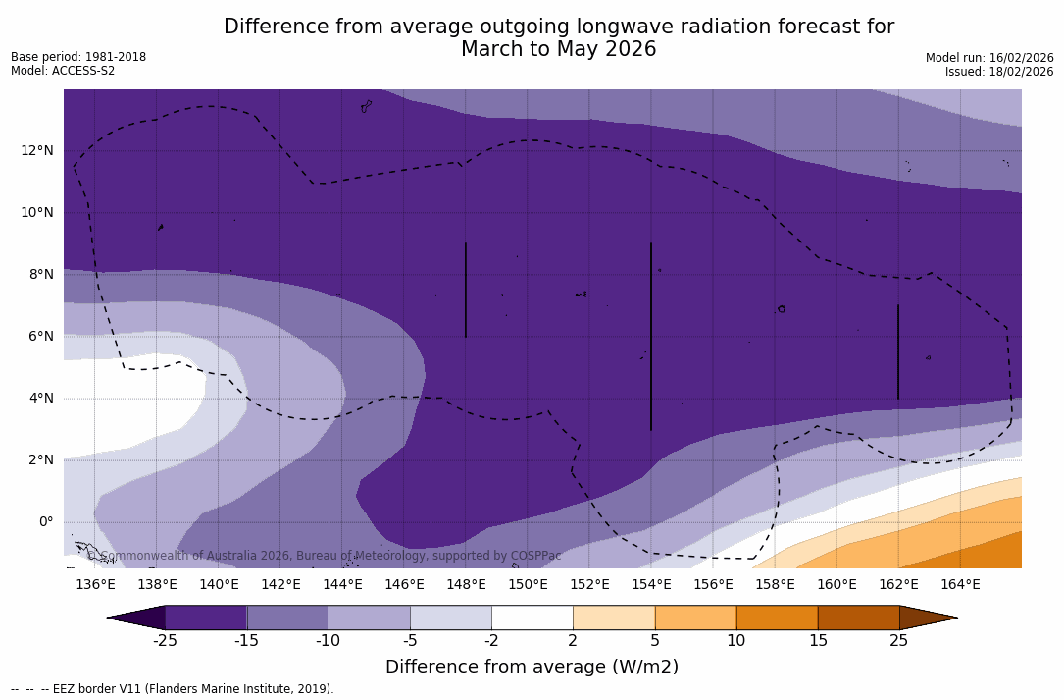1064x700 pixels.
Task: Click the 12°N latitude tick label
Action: pyautogui.click(x=37, y=150)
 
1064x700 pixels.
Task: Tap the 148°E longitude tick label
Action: pyautogui.click(x=466, y=585)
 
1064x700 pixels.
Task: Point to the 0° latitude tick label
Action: pyautogui.click(x=46, y=521)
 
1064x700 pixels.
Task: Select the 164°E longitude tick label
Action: pyautogui.click(x=960, y=585)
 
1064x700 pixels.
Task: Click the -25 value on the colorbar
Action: pyautogui.click(x=165, y=641)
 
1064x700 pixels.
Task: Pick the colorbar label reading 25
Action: pyautogui.click(x=898, y=641)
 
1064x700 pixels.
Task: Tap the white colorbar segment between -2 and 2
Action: pyautogui.click(x=532, y=618)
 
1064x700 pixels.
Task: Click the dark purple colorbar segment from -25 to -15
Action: pyautogui.click(x=206, y=618)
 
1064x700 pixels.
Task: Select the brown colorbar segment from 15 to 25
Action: pyautogui.click(x=858, y=618)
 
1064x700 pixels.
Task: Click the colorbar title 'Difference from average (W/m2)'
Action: pyautogui.click(x=532, y=667)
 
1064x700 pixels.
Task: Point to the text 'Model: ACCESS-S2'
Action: pyautogui.click(x=63, y=71)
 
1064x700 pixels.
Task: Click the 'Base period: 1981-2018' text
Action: pyautogui.click(x=78, y=57)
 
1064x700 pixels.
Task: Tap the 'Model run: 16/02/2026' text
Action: pyautogui.click(x=989, y=58)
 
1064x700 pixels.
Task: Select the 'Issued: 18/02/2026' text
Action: pyautogui.click(x=999, y=72)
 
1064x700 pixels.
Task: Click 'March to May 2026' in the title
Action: pyautogui.click(x=558, y=49)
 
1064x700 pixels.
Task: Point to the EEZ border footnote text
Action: pyautogui.click(x=173, y=689)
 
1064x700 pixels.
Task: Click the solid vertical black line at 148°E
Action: pyautogui.click(x=466, y=290)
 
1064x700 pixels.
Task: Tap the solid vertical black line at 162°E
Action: pyautogui.click(x=898, y=351)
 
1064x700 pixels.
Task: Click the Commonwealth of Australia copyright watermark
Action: pyautogui.click(x=325, y=556)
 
